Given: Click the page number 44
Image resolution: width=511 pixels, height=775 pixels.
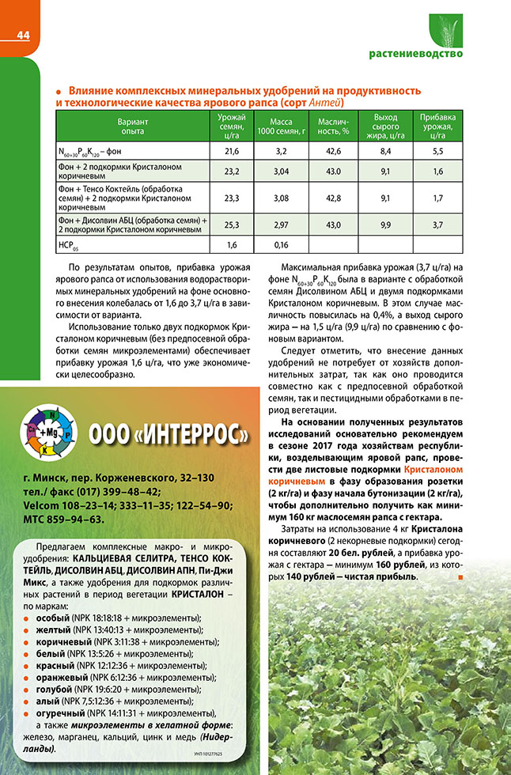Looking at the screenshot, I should (x=22, y=36).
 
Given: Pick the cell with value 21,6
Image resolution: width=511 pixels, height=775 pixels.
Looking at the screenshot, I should (x=232, y=150).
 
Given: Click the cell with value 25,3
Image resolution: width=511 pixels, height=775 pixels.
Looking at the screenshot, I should (x=232, y=225).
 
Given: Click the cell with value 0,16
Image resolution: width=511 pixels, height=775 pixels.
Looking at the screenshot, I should (x=281, y=244).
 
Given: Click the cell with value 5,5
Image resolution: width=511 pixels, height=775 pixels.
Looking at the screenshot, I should (x=437, y=150).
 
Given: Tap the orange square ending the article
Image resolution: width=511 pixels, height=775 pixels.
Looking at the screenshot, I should (x=459, y=577).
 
